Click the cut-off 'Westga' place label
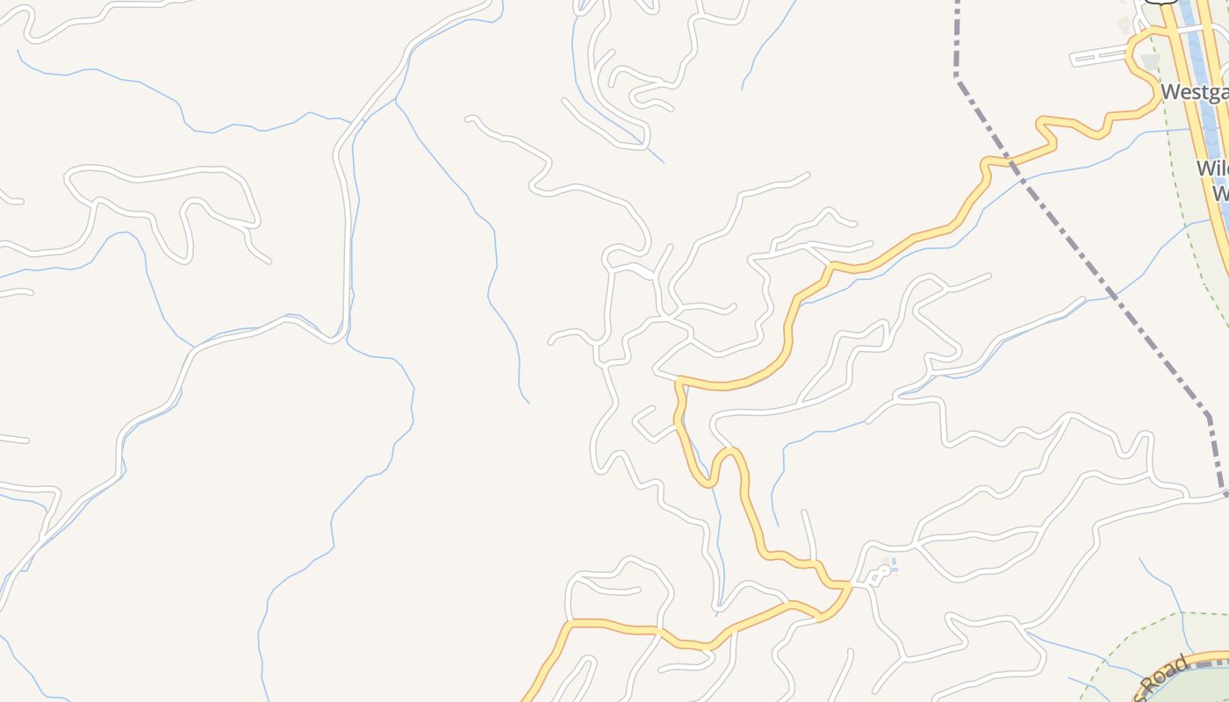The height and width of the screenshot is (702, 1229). (x=1194, y=92)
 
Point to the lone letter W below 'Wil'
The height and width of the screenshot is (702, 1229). (x=1220, y=193)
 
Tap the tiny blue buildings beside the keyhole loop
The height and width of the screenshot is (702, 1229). (x=893, y=565)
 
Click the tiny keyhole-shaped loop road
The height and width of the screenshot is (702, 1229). (x=877, y=574)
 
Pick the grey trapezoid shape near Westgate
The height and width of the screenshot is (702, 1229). (x=1151, y=62)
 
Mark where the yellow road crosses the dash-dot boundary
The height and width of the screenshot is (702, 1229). (x=1010, y=161)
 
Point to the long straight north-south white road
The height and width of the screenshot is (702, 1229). (x=345, y=237)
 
